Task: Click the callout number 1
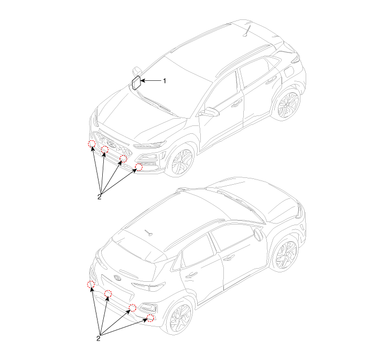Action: click(165, 81)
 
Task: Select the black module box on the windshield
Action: click(136, 83)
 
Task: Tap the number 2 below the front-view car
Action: click(99, 197)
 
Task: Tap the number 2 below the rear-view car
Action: click(99, 338)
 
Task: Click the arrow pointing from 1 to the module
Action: click(151, 81)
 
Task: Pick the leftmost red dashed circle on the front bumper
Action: click(92, 144)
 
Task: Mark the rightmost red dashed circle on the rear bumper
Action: click(150, 318)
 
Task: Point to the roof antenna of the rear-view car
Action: click(148, 232)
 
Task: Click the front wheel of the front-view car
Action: click(182, 162)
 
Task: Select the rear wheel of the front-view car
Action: click(288, 104)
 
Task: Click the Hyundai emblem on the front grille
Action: click(111, 144)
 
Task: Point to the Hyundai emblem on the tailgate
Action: click(117, 278)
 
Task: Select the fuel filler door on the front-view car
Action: click(289, 72)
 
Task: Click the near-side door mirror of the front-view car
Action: click(210, 112)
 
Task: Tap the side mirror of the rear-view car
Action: click(258, 235)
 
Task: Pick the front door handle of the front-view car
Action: click(237, 103)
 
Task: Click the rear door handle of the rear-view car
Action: click(192, 274)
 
